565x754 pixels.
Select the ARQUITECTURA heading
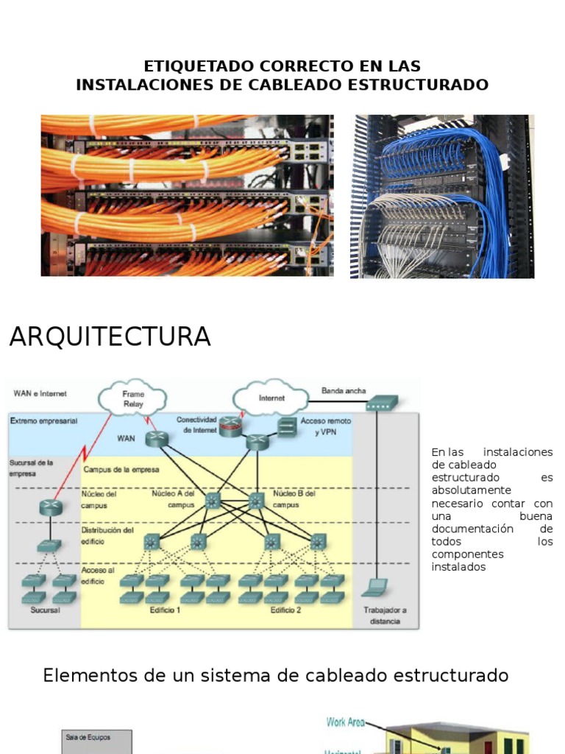tap(110, 337)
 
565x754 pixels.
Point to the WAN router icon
tap(157, 440)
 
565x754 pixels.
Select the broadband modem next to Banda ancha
tap(382, 402)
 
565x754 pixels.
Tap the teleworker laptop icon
tap(376, 586)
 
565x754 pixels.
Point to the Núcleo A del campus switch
tap(213, 501)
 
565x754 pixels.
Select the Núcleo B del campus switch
tap(255, 501)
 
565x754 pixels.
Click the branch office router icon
tap(51, 507)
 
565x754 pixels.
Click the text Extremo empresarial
tap(44, 420)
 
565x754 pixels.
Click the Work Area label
tap(344, 722)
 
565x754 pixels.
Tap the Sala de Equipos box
tap(96, 741)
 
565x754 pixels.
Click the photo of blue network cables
tap(442, 196)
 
